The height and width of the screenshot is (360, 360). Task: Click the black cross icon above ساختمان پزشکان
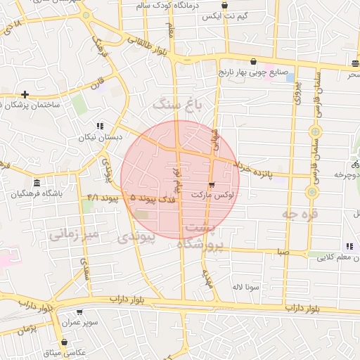25,94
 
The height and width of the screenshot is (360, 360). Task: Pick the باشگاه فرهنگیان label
37,193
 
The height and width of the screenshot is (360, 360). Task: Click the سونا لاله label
247,287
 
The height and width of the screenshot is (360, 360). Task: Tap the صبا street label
283,250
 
